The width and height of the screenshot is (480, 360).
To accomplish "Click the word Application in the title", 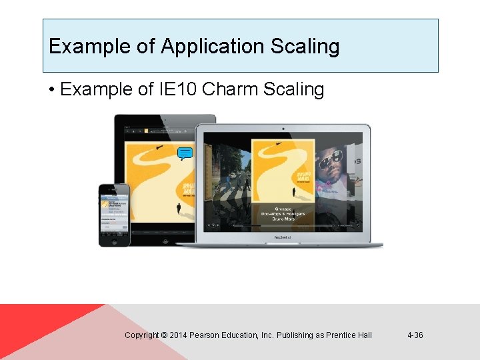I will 203,47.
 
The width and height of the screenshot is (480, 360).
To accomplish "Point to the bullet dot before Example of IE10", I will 51,90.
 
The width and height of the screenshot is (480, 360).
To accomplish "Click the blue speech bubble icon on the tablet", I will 186,154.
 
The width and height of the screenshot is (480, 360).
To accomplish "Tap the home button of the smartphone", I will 114,241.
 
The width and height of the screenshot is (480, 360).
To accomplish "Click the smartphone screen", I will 114,212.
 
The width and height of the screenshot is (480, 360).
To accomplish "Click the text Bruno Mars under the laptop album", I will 283,219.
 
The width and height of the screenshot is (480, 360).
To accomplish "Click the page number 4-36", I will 415,335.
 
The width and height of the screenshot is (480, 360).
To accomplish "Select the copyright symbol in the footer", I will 164,335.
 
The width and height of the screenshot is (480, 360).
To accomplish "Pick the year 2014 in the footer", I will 178,335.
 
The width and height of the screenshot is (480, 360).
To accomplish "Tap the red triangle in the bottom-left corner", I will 33,327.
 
